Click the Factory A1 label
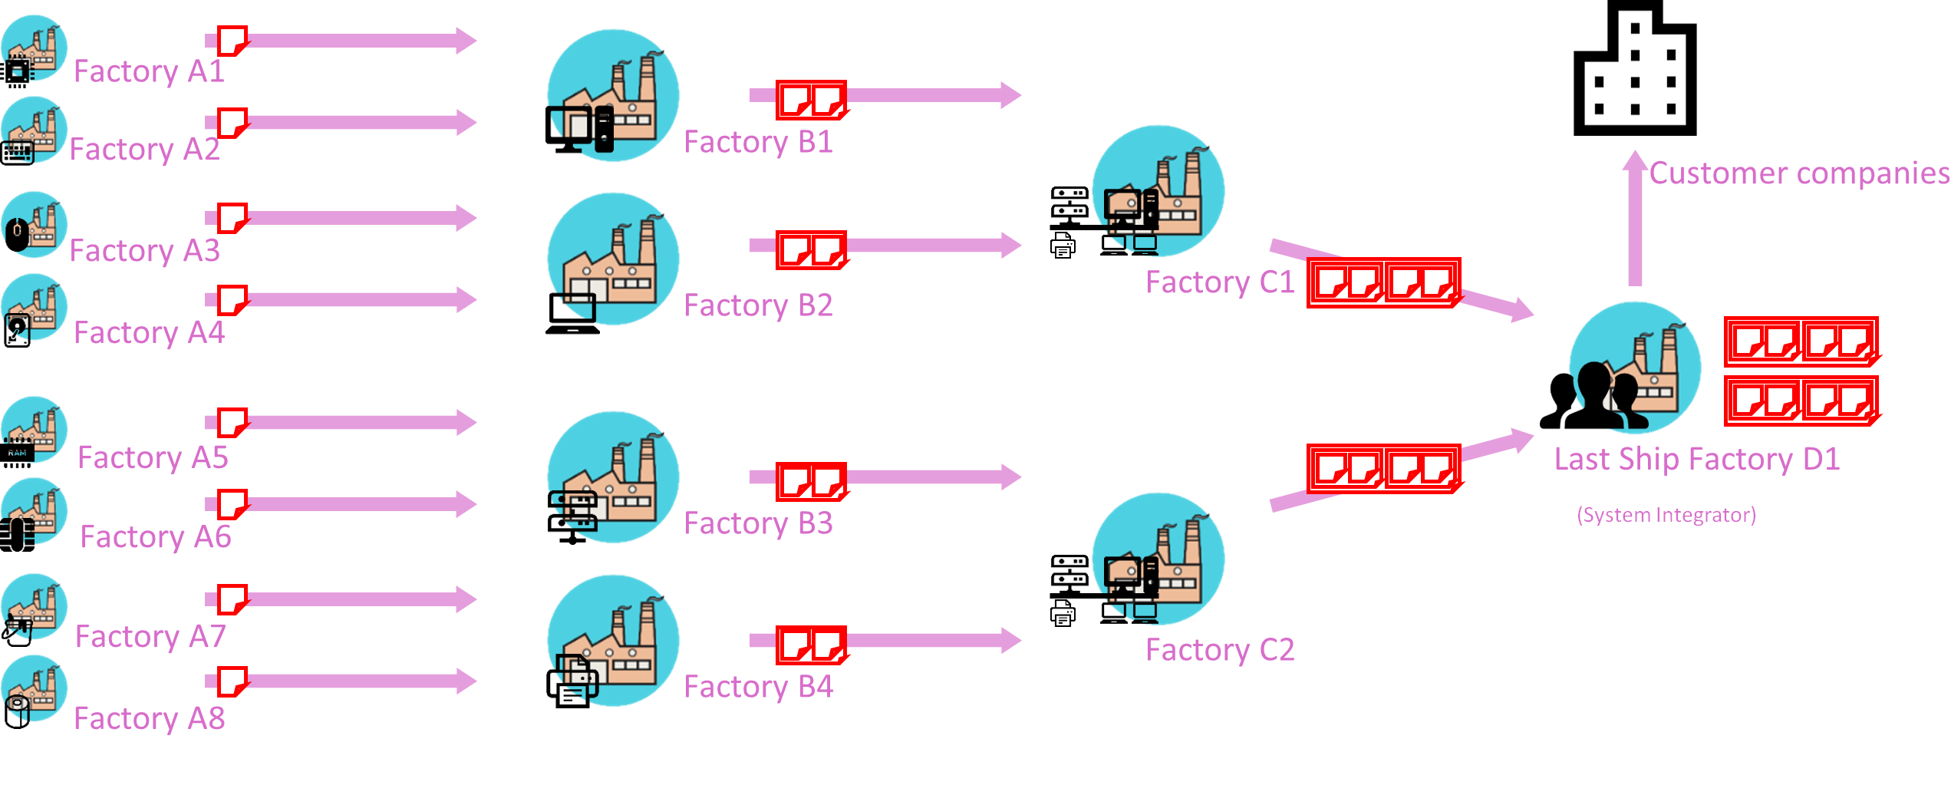(x=149, y=71)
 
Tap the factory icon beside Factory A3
(x=34, y=224)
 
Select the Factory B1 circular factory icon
(x=613, y=96)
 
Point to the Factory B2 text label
(x=758, y=305)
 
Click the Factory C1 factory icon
(x=1158, y=191)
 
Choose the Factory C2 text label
(x=1220, y=650)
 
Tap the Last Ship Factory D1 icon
(x=1634, y=368)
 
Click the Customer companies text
(x=1799, y=173)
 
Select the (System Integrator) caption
(x=1666, y=514)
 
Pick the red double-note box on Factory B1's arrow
(x=811, y=100)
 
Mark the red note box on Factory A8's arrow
(x=232, y=681)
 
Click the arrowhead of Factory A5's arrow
(x=466, y=421)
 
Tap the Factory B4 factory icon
(x=613, y=641)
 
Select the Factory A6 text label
(x=156, y=537)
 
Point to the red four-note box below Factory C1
(x=1383, y=282)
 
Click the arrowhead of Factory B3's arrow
(x=1010, y=477)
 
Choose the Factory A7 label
(x=150, y=637)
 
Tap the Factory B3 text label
(x=758, y=523)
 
